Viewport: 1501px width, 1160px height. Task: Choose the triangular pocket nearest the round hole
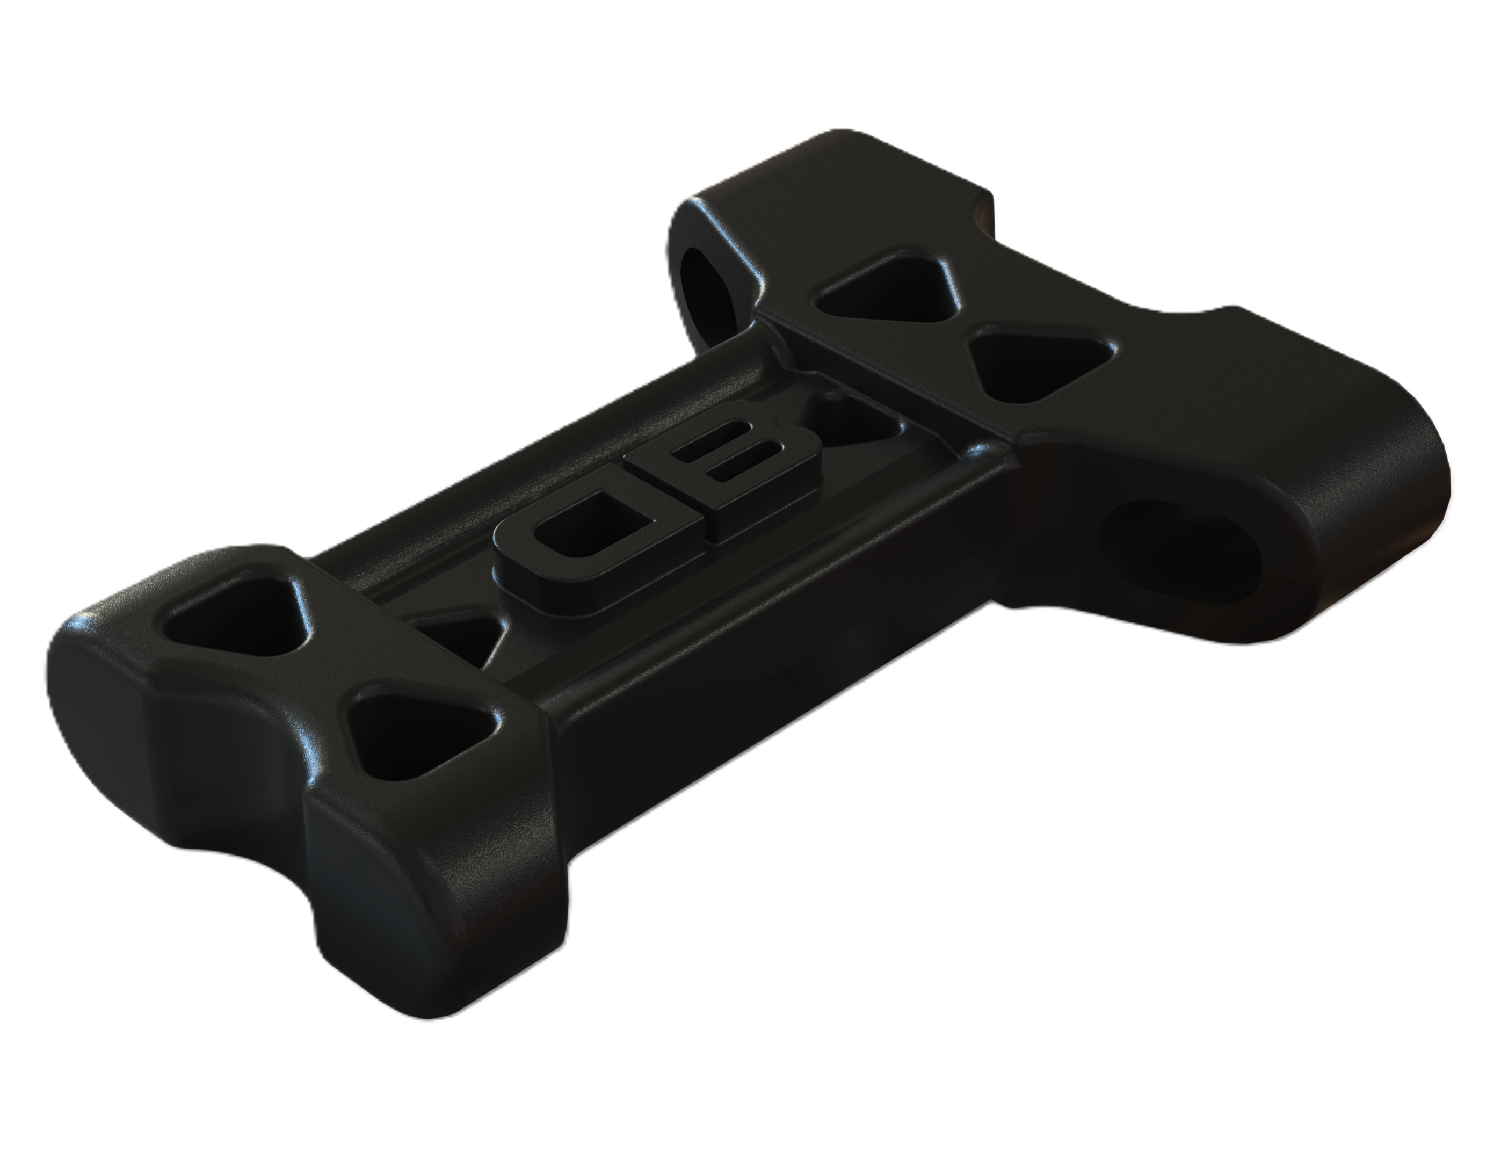tap(887, 288)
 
